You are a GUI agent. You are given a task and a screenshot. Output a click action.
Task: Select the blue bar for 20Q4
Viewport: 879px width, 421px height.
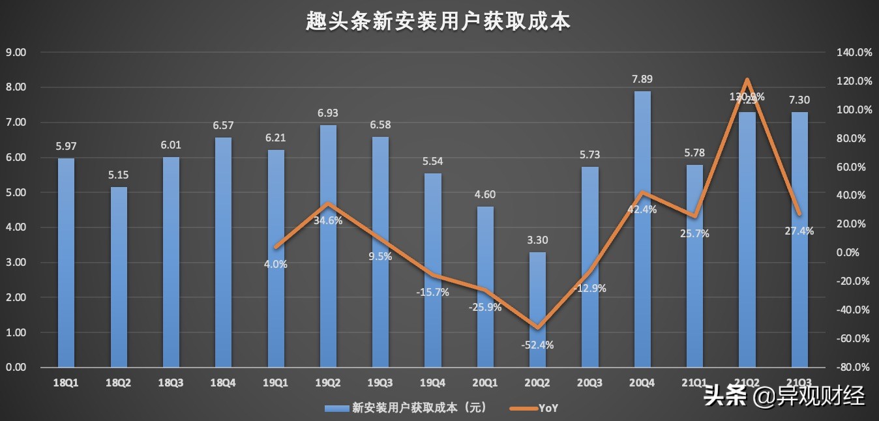point(642,228)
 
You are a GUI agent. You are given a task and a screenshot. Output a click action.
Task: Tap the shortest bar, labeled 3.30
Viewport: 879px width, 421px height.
point(537,310)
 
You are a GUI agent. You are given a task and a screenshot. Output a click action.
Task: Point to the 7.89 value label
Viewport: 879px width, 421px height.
point(642,80)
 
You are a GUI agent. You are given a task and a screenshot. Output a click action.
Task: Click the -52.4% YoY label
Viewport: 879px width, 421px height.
point(537,345)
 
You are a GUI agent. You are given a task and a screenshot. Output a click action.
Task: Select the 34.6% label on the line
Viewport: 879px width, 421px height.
point(328,220)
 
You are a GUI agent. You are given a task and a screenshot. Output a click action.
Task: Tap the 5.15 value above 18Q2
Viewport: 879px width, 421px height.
point(119,175)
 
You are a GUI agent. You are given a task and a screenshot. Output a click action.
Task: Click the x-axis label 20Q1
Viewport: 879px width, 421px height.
point(484,384)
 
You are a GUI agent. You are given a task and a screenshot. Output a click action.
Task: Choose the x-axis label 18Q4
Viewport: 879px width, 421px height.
point(223,384)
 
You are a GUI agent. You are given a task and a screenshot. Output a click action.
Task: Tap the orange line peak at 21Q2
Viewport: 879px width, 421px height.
point(747,81)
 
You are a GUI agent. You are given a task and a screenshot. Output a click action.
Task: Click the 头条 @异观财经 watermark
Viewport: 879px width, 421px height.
point(784,395)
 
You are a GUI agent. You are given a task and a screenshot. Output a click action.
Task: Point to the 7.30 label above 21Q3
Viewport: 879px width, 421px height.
point(799,100)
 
